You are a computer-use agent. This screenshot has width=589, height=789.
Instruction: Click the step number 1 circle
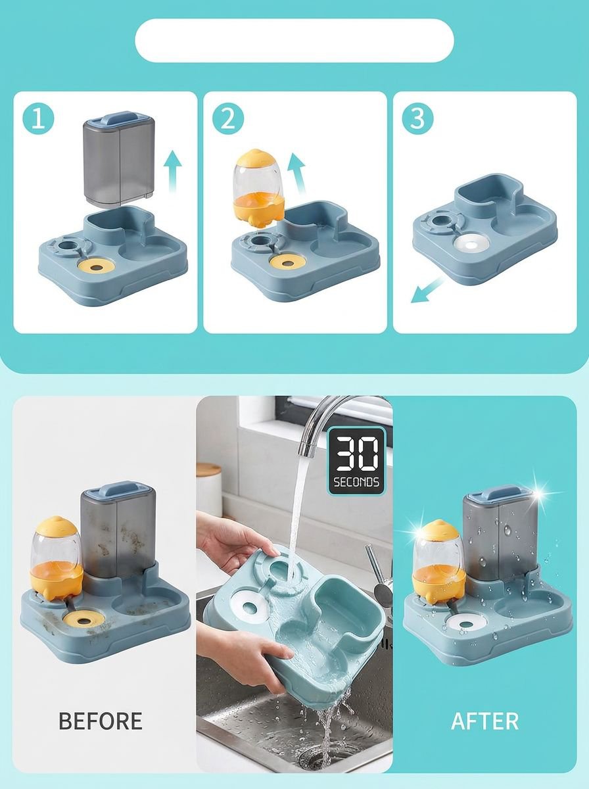point(38,118)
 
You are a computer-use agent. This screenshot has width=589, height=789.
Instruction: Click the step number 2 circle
point(228,118)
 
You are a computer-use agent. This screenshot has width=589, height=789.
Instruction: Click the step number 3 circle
point(417,118)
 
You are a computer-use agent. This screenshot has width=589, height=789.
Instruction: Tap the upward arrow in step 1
point(173,172)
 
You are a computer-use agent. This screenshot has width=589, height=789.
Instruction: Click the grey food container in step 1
point(119,160)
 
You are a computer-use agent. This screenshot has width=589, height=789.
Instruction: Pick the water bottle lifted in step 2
point(259,189)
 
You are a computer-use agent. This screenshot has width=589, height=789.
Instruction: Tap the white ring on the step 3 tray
point(471,245)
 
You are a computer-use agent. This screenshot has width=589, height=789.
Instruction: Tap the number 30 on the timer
point(356,455)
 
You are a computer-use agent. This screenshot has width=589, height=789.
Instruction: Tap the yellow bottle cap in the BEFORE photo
point(57,530)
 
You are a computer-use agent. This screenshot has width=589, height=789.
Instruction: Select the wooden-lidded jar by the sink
point(208,490)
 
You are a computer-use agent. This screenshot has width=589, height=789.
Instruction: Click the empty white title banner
point(294,41)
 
